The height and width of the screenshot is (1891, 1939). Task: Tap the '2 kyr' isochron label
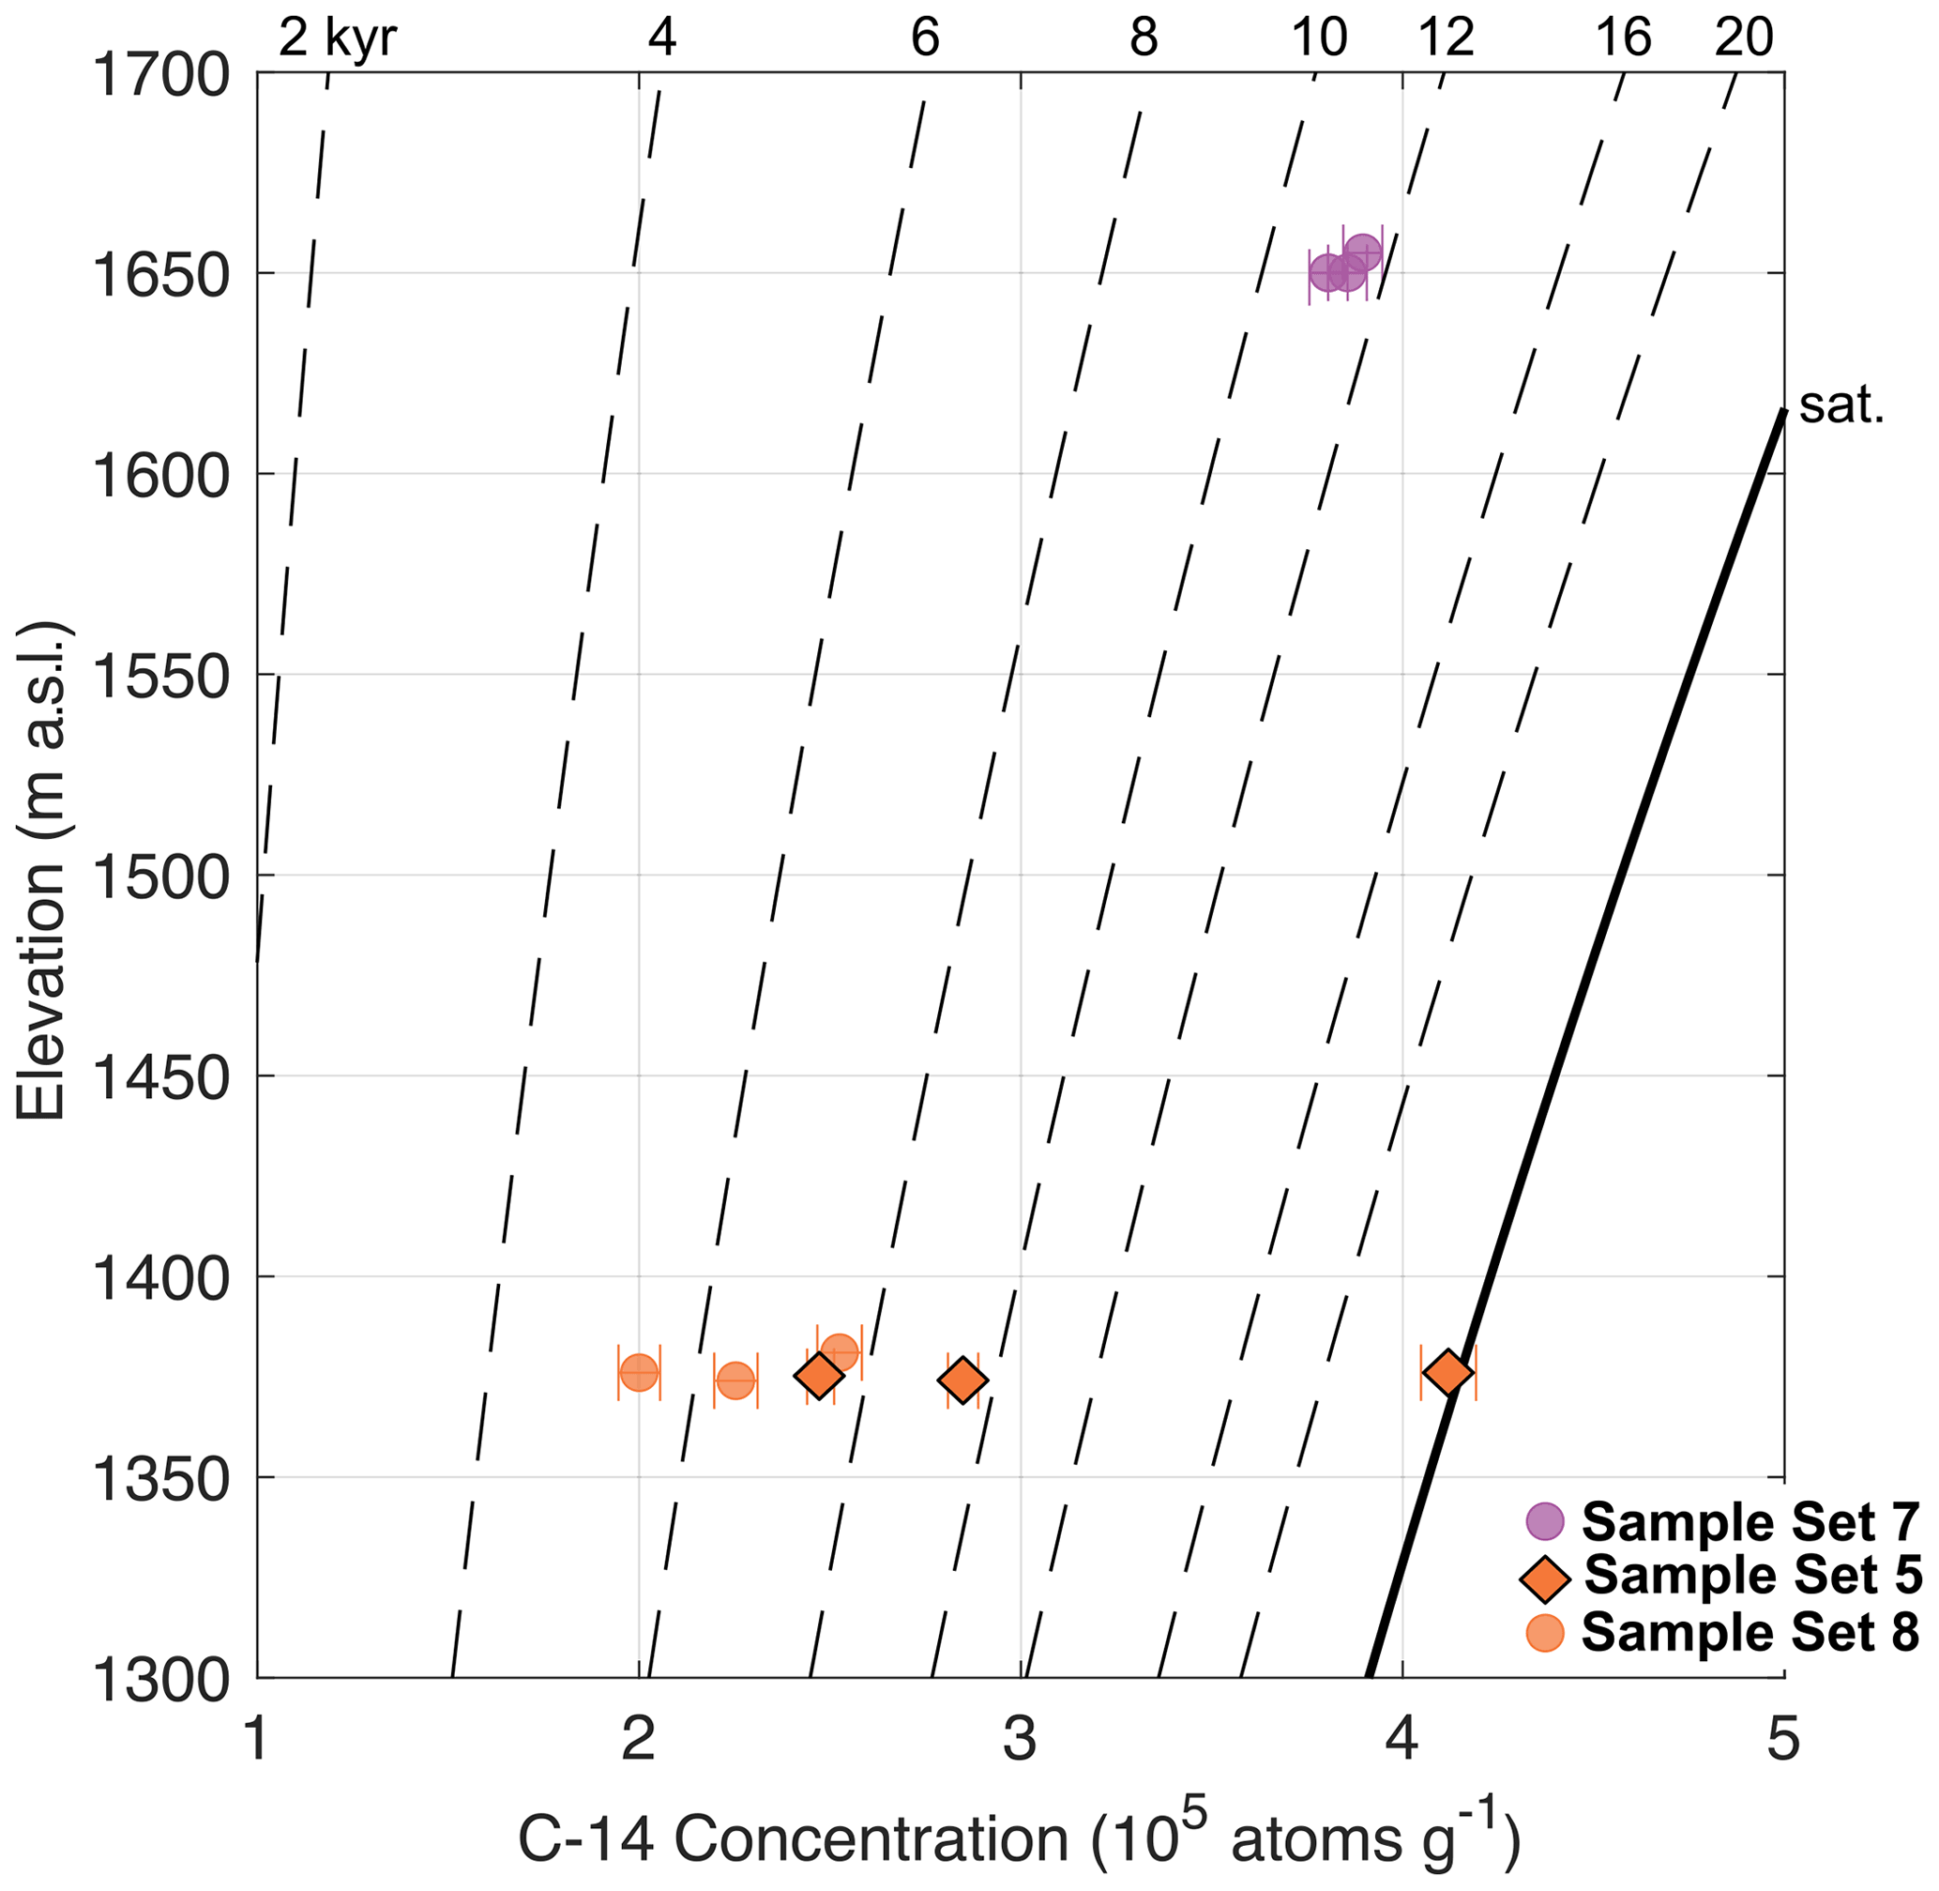coord(338,38)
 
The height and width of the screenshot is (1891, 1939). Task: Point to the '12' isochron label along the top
coord(1447,38)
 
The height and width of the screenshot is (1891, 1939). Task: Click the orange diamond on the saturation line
coord(1447,1373)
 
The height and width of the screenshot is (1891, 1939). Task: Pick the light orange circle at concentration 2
coord(639,1373)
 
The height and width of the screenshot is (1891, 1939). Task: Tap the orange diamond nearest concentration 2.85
coord(962,1380)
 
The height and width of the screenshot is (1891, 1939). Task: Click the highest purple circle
coord(1363,252)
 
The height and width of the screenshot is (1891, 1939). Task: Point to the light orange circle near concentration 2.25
coord(735,1380)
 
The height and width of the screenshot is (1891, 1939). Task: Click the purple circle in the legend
coord(1544,1518)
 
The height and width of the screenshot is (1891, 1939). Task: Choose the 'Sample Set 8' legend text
coord(1750,1632)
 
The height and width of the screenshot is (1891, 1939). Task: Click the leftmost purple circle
coord(1327,272)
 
